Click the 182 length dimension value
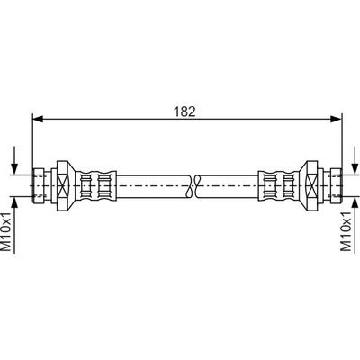[x=184, y=112]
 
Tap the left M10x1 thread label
[x=6, y=231]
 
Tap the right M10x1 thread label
[x=346, y=231]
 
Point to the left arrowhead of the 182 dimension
[x=38, y=119]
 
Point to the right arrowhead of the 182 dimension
[x=336, y=119]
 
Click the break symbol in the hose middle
[x=193, y=186]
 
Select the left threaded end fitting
[x=39, y=186]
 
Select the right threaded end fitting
[x=336, y=186]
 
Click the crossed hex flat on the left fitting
[x=63, y=186]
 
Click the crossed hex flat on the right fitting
[x=310, y=186]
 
